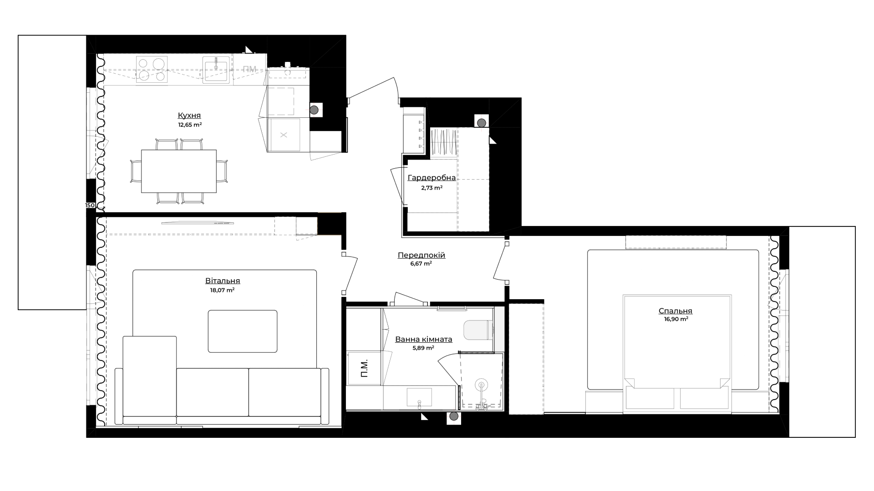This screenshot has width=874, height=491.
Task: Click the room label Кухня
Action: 189,115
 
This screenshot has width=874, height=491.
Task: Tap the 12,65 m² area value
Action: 190,125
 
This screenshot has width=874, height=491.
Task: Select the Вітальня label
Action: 223,281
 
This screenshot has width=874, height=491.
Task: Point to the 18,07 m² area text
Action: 222,290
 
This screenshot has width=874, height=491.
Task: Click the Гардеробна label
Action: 432,178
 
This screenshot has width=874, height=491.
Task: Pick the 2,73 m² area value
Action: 432,187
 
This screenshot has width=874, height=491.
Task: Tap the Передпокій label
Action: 422,256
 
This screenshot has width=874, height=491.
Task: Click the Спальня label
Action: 676,311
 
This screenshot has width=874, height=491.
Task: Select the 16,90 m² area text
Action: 676,320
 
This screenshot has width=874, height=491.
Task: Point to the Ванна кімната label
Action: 424,339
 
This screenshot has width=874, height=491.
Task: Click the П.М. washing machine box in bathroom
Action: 364,368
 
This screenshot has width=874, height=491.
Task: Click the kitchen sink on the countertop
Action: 216,70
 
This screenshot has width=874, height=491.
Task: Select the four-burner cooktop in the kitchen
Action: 152,70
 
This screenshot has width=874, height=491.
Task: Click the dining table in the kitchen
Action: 179,171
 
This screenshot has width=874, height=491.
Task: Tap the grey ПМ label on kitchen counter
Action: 249,69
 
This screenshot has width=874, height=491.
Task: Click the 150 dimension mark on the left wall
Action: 90,205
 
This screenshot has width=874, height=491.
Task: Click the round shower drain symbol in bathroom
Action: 481,385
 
